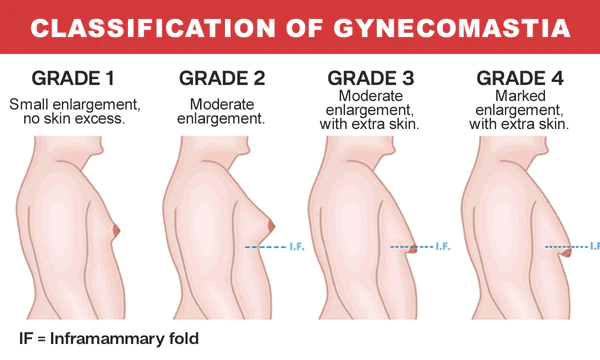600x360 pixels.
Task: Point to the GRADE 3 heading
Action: point(372,77)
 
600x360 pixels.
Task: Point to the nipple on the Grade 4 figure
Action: point(568,252)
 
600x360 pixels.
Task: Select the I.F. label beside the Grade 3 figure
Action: point(441,245)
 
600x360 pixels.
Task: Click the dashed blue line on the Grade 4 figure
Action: point(565,245)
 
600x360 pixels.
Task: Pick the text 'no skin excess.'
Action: point(70,121)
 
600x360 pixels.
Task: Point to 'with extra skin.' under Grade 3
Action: point(372,126)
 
